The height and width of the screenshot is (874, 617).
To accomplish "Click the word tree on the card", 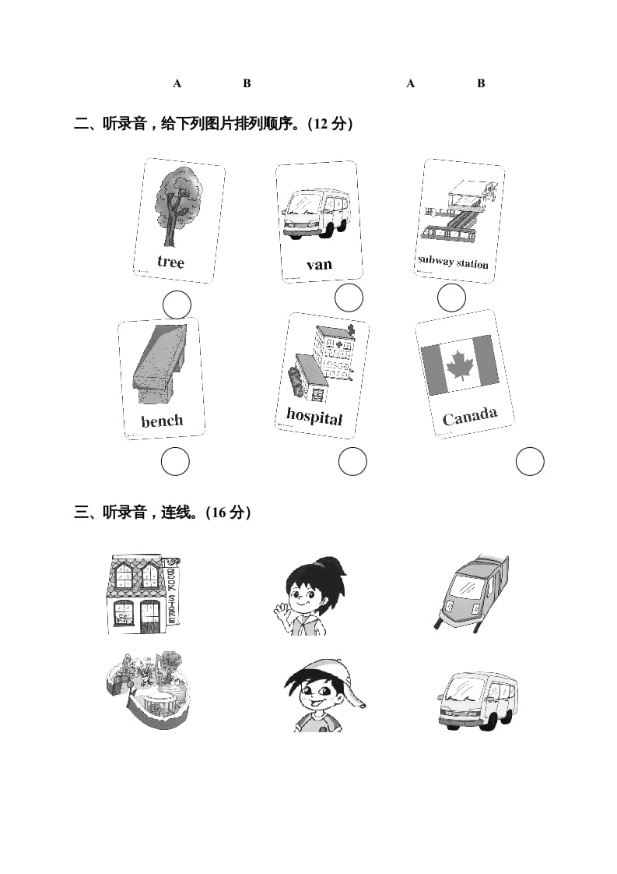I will tap(170, 262).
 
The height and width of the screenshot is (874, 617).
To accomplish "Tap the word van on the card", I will tap(319, 265).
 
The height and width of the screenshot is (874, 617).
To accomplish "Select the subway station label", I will tap(453, 262).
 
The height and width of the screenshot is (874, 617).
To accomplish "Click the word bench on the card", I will tap(162, 421).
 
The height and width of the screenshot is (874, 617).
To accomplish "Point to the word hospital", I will tap(314, 416).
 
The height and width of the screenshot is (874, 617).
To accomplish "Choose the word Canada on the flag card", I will tap(469, 417).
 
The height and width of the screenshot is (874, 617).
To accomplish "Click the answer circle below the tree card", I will tap(177, 305).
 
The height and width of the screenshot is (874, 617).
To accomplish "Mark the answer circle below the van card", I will tap(349, 298).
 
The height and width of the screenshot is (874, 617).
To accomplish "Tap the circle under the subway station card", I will tap(451, 298).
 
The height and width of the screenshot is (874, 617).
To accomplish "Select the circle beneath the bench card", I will tap(175, 462).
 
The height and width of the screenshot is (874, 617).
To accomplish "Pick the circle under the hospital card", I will tap(352, 462).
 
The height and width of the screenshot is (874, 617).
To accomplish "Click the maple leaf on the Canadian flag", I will tap(460, 365).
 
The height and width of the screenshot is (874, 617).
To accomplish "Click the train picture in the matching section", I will tap(472, 592).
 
